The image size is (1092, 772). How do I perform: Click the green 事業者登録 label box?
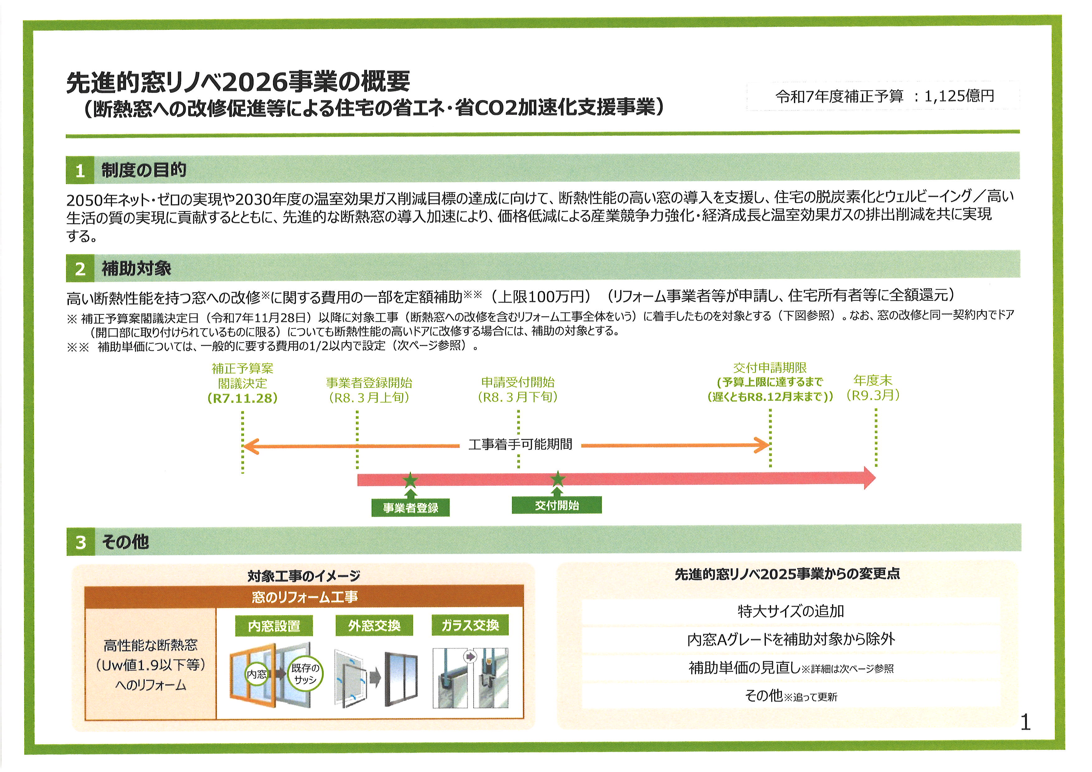410,508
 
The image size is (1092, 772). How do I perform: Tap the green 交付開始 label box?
556,505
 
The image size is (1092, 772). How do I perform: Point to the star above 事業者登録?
410,480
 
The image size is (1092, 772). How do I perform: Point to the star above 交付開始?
557,479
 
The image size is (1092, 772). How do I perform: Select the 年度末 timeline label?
873,380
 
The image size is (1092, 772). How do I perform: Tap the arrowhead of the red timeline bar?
869,478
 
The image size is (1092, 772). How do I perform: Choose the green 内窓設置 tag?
274,626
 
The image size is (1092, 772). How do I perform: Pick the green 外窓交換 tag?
374,626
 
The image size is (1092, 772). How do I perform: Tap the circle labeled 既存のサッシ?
305,674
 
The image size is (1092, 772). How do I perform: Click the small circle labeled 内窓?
257,674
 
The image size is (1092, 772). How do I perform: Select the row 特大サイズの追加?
791,611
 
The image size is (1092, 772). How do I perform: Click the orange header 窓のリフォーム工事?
305,597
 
